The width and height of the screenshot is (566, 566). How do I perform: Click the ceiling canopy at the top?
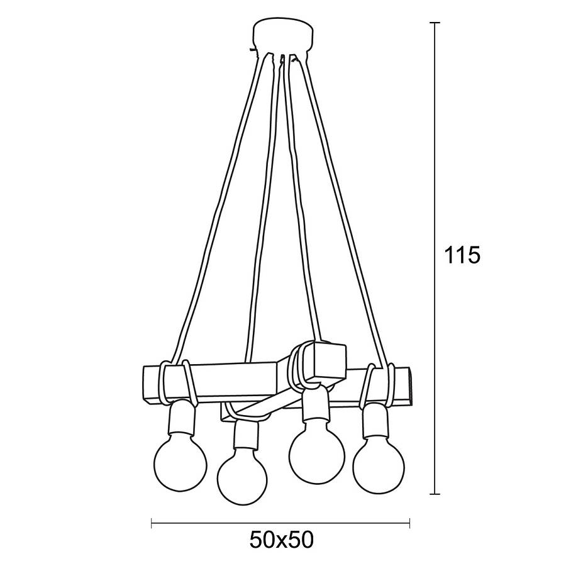282,37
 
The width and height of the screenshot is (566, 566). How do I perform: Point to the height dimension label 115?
462,255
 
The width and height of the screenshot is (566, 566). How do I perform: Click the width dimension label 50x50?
282,540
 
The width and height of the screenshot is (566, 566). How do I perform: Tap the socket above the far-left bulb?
182,419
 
